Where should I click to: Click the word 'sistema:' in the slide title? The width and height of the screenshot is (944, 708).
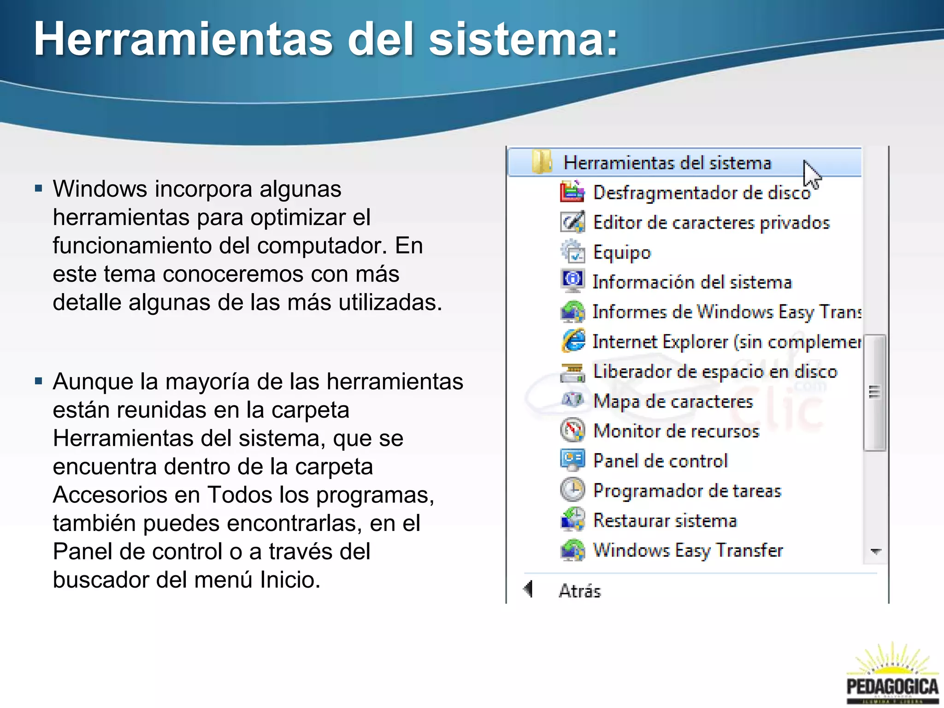pos(523,40)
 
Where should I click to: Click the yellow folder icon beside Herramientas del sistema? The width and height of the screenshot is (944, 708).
pos(541,162)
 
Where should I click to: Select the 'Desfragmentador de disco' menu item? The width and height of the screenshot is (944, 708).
pos(701,193)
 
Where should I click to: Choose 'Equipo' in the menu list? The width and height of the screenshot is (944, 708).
pos(622,253)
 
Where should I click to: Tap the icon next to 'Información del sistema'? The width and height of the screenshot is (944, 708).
pos(573,281)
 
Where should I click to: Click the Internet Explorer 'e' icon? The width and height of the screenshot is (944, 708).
pos(573,341)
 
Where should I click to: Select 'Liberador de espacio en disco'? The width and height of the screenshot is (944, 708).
pos(714,372)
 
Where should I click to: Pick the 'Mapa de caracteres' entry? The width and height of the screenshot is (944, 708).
pos(673,401)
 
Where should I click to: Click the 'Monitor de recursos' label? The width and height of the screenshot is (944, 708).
pos(676,431)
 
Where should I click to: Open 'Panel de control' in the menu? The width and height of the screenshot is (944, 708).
pos(660,461)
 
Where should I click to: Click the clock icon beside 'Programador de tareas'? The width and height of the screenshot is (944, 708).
pos(572,490)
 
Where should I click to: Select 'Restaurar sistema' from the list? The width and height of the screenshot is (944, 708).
pos(665,520)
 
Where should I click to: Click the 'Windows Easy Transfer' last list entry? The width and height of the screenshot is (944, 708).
pos(687,550)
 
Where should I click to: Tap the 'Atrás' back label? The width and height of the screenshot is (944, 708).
pos(579,590)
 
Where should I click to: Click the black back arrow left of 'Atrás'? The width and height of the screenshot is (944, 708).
pos(528,589)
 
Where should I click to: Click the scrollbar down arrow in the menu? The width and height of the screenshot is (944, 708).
pos(875,551)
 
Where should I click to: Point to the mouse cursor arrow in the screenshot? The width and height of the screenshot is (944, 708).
pos(811,174)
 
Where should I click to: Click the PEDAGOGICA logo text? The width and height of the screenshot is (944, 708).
pos(892,686)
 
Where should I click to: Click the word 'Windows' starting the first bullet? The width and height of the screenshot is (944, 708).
pos(100,189)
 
